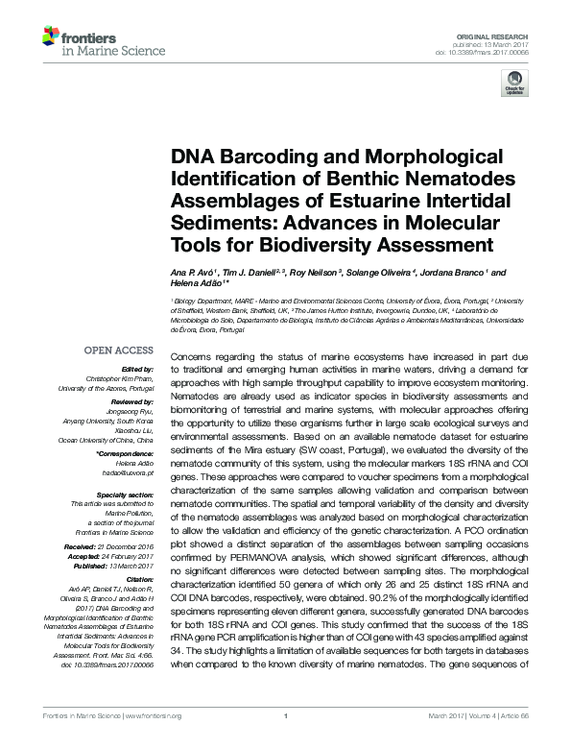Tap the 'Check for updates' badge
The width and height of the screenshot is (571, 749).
click(x=513, y=87)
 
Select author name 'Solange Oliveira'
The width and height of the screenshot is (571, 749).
click(x=383, y=272)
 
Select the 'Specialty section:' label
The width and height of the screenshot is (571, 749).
click(x=126, y=494)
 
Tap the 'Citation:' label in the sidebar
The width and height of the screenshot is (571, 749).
click(x=140, y=580)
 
